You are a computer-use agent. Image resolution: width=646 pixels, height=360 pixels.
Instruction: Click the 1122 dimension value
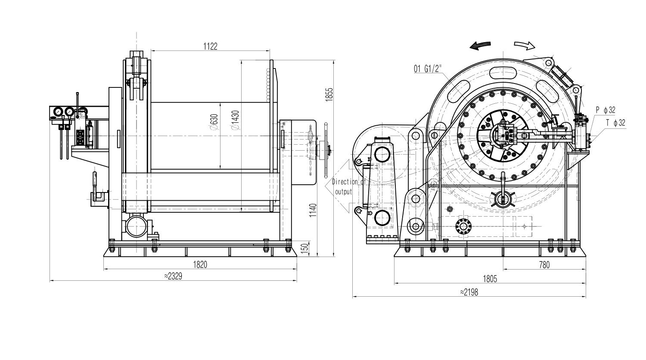(210, 46)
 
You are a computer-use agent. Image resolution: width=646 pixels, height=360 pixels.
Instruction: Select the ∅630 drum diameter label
(214, 122)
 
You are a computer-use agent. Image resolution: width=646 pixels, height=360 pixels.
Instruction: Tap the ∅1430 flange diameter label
(235, 120)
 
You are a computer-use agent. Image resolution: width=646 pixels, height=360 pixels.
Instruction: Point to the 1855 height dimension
(329, 94)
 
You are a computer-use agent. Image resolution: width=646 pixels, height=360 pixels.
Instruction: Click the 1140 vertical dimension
(313, 211)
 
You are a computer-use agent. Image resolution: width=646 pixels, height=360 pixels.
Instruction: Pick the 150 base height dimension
(305, 248)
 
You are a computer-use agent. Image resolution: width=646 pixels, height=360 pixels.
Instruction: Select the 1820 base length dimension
(200, 264)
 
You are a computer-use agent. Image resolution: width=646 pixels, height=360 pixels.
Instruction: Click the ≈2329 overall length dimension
(173, 276)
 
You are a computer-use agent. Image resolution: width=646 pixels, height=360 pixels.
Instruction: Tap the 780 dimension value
(544, 264)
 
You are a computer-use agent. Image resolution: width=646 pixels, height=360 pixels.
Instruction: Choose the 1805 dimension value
(490, 279)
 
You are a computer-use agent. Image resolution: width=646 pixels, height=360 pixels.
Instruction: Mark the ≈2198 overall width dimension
(469, 292)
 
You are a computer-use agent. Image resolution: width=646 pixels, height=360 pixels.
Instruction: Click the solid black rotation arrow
(480, 45)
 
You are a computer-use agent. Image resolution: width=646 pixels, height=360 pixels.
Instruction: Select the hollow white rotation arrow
(525, 45)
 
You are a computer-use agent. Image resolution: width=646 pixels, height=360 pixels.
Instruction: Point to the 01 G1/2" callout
(428, 68)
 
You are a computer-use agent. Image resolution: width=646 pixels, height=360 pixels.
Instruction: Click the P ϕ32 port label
(606, 110)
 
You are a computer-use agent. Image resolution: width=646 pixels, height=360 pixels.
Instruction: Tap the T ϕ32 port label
(616, 123)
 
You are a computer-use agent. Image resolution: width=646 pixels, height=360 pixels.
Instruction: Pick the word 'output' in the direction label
(344, 192)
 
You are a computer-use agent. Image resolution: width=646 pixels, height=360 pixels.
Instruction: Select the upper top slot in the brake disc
(503, 73)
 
